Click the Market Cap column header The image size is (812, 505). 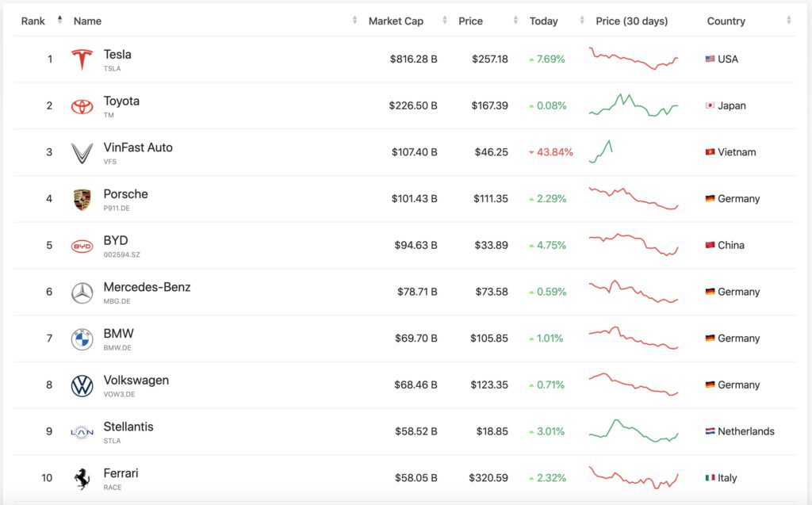[x=396, y=21]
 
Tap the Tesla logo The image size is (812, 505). [x=82, y=59]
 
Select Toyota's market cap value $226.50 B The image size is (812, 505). [x=413, y=105]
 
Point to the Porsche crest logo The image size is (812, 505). [x=82, y=200]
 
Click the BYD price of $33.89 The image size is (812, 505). [x=492, y=245]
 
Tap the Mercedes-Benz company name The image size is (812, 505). [x=147, y=287]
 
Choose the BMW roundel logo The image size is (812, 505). [x=82, y=339]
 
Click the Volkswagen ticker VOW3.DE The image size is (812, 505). [x=119, y=394]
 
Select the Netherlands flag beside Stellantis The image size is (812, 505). [x=710, y=431]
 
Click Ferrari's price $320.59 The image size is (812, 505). [x=488, y=477]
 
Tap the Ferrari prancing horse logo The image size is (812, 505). [x=82, y=479]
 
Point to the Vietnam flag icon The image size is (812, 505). [x=710, y=151]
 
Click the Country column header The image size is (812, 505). [x=726, y=21]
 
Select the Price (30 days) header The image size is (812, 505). [x=632, y=21]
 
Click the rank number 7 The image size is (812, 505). [x=49, y=339]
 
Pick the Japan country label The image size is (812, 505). [x=732, y=105]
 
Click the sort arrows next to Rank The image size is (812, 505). [x=60, y=20]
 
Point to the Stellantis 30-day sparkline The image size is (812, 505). [x=634, y=430]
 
